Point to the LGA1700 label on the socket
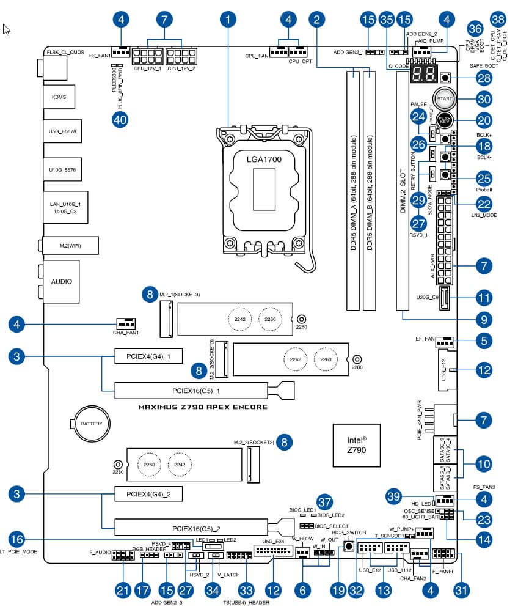click(264, 158)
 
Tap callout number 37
click(324, 503)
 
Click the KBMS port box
click(59, 97)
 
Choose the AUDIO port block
click(61, 282)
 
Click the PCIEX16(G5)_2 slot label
click(195, 528)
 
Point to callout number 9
click(484, 319)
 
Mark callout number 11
click(484, 298)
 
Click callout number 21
click(123, 591)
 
